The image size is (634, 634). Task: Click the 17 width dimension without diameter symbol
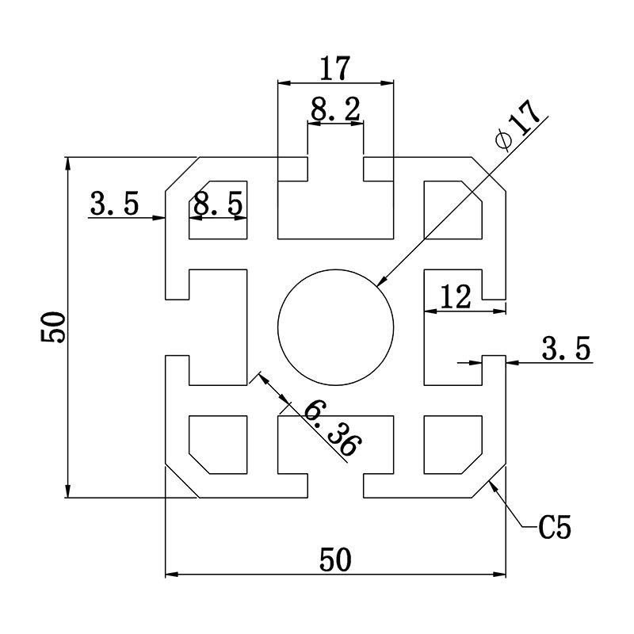pos(334,68)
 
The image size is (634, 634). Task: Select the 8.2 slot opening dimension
pos(335,110)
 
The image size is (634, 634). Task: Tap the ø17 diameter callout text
pos(519,124)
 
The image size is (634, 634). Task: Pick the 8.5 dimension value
pos(218,204)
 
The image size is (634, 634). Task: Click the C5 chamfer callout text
pos(554,526)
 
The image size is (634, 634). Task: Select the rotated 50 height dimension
pos(54,327)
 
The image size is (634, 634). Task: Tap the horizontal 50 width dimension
pos(335,560)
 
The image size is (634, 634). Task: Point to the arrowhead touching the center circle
pos(382,281)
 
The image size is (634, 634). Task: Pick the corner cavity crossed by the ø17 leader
pos(453,210)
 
